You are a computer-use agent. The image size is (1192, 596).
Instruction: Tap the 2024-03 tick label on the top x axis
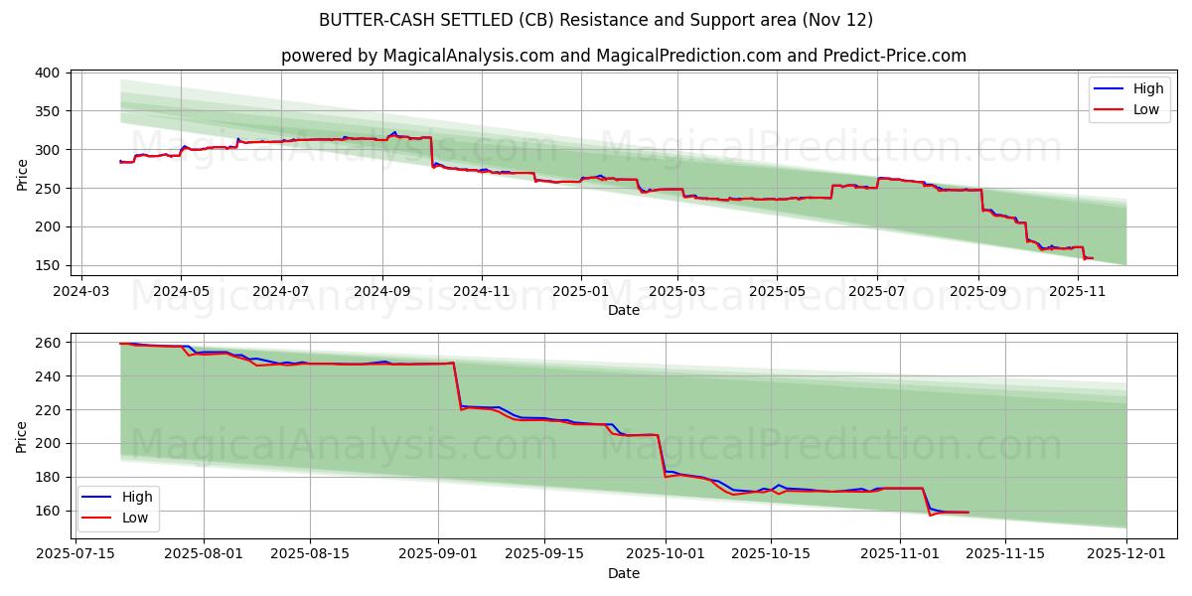(x=80, y=292)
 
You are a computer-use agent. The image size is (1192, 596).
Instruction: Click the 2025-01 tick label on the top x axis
(x=580, y=292)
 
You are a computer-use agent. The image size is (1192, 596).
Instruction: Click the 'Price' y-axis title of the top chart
(x=23, y=175)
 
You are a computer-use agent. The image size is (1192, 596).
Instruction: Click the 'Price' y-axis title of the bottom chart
(x=23, y=436)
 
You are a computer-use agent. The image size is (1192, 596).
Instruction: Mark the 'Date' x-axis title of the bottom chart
(x=623, y=574)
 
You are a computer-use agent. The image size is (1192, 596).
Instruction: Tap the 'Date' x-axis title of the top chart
(x=623, y=310)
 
